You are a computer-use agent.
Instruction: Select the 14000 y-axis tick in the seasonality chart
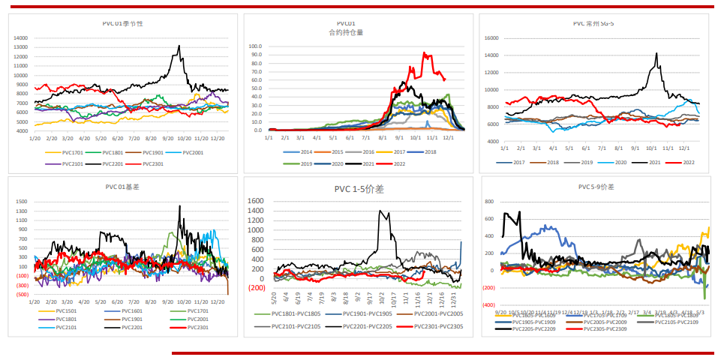20,37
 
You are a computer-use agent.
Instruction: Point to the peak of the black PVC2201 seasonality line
179,46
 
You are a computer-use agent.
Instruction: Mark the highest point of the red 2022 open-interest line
425,53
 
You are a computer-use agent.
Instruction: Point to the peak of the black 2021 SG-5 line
656,53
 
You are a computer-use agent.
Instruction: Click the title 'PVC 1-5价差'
359,190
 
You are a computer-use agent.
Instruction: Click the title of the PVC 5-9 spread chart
596,187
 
